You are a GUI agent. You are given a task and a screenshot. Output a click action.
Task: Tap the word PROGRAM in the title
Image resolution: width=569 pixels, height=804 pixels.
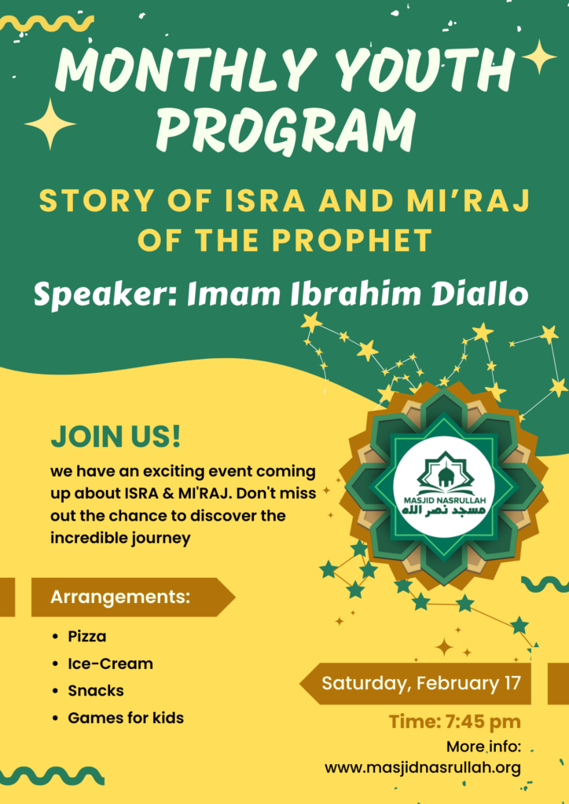click(x=286, y=126)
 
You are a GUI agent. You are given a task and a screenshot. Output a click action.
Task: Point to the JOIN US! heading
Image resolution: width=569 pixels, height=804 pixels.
click(x=116, y=437)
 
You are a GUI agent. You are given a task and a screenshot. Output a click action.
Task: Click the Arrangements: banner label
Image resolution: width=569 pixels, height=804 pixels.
click(x=120, y=597)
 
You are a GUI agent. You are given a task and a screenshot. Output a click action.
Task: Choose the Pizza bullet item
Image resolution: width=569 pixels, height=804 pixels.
click(x=87, y=636)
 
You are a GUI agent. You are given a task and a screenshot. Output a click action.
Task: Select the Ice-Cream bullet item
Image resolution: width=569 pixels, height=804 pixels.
click(x=110, y=663)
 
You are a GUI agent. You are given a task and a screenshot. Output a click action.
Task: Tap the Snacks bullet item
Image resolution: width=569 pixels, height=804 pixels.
click(x=96, y=691)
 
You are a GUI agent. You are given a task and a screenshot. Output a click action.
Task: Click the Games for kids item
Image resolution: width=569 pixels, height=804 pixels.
click(x=126, y=718)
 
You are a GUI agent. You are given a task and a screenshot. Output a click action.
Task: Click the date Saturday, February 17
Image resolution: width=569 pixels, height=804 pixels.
click(x=421, y=683)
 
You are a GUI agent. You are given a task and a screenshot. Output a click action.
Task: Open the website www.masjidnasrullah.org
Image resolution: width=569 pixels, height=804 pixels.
click(x=423, y=768)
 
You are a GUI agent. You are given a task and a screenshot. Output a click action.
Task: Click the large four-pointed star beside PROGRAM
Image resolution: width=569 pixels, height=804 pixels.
click(x=50, y=124)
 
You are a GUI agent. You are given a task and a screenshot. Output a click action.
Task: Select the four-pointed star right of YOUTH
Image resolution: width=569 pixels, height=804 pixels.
click(x=539, y=57)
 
